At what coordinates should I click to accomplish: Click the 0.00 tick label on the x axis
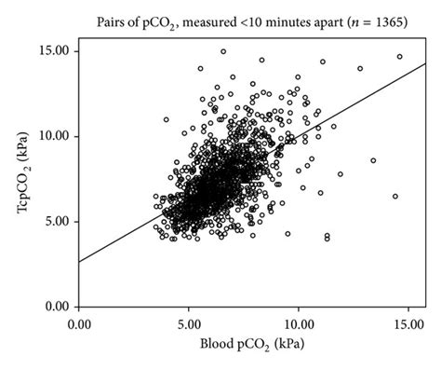tap(79, 325)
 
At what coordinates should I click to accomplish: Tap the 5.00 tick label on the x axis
tap(189, 325)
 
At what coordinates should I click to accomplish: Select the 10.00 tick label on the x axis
tap(298, 325)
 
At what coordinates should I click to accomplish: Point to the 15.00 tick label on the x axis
tap(407, 325)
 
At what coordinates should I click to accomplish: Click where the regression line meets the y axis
tap(79, 262)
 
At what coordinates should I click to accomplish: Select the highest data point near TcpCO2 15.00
tap(223, 51)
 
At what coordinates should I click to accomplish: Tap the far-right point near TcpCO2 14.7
tap(400, 57)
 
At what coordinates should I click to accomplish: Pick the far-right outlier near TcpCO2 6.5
tap(395, 197)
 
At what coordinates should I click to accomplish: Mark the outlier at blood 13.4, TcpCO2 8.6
tap(373, 160)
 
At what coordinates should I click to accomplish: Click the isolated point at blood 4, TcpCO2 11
tap(167, 119)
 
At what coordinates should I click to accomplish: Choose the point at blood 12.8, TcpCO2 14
tap(360, 68)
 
